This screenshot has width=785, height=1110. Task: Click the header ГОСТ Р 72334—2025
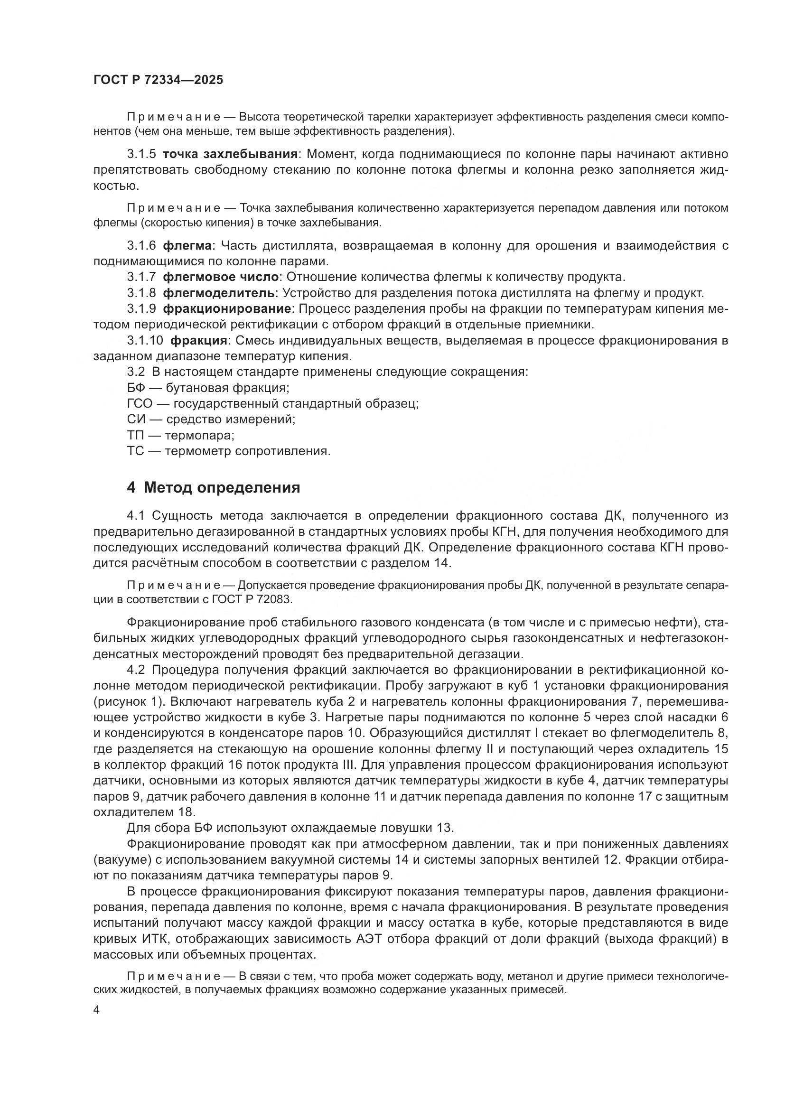click(158, 80)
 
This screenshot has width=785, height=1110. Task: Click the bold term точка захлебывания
click(230, 154)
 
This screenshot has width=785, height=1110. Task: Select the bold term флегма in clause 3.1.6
click(187, 246)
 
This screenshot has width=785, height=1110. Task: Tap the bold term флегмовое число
click(221, 277)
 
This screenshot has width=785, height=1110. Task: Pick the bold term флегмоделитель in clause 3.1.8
click(219, 293)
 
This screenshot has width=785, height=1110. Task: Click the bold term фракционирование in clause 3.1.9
click(227, 309)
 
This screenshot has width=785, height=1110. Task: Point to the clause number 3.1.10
click(145, 340)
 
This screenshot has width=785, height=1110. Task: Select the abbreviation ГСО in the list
click(140, 404)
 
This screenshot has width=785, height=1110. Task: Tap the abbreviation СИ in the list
click(135, 419)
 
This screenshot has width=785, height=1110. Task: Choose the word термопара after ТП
click(199, 435)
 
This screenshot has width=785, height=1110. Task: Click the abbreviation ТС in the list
click(135, 451)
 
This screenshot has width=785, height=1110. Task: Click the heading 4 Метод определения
click(213, 487)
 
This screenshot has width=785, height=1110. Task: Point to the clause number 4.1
click(136, 516)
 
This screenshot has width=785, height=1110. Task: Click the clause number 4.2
click(136, 670)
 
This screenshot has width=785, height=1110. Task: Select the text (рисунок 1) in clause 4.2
click(128, 701)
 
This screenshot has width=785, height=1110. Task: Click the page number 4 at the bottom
click(97, 1010)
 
